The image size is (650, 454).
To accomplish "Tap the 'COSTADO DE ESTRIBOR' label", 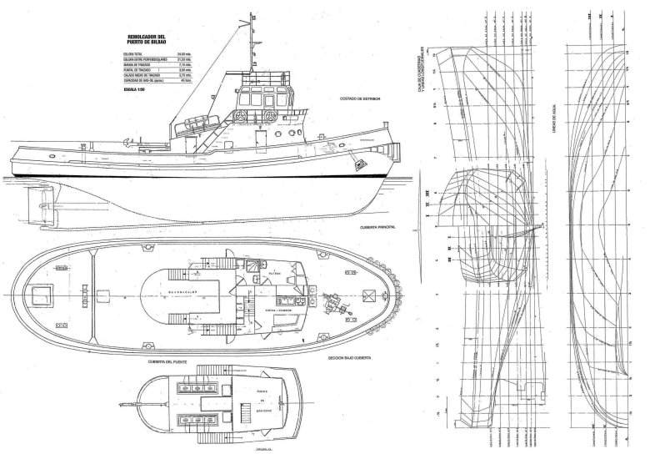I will [x=357, y=98].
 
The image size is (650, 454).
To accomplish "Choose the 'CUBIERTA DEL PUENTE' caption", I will [x=165, y=361].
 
